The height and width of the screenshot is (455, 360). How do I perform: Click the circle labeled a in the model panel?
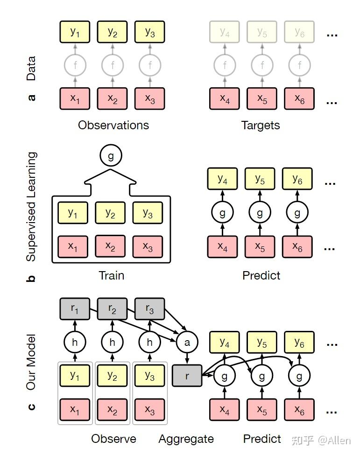(187, 343)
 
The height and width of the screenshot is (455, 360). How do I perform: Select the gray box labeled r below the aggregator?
(187, 376)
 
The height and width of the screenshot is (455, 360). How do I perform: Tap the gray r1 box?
(75, 309)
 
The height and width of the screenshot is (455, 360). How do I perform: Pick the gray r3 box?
(149, 309)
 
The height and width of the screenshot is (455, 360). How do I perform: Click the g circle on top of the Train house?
(111, 156)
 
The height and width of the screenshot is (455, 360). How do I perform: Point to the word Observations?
(113, 125)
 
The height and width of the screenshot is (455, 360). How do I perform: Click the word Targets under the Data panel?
(261, 125)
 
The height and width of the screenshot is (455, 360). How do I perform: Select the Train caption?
(112, 275)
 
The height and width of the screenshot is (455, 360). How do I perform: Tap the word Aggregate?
(186, 439)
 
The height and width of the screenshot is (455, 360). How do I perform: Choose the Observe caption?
(113, 439)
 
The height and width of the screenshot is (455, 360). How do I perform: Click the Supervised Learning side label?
(31, 206)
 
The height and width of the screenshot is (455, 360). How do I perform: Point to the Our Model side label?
(31, 362)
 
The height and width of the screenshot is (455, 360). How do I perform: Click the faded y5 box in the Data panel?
(262, 32)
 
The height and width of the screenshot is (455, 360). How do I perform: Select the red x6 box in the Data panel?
(299, 99)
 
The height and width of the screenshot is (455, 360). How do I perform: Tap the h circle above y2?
(112, 343)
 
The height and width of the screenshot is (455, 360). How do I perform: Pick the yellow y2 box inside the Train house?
(110, 213)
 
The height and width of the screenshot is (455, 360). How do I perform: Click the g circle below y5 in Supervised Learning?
(260, 213)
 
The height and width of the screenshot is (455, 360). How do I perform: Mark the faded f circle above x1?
(75, 65)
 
